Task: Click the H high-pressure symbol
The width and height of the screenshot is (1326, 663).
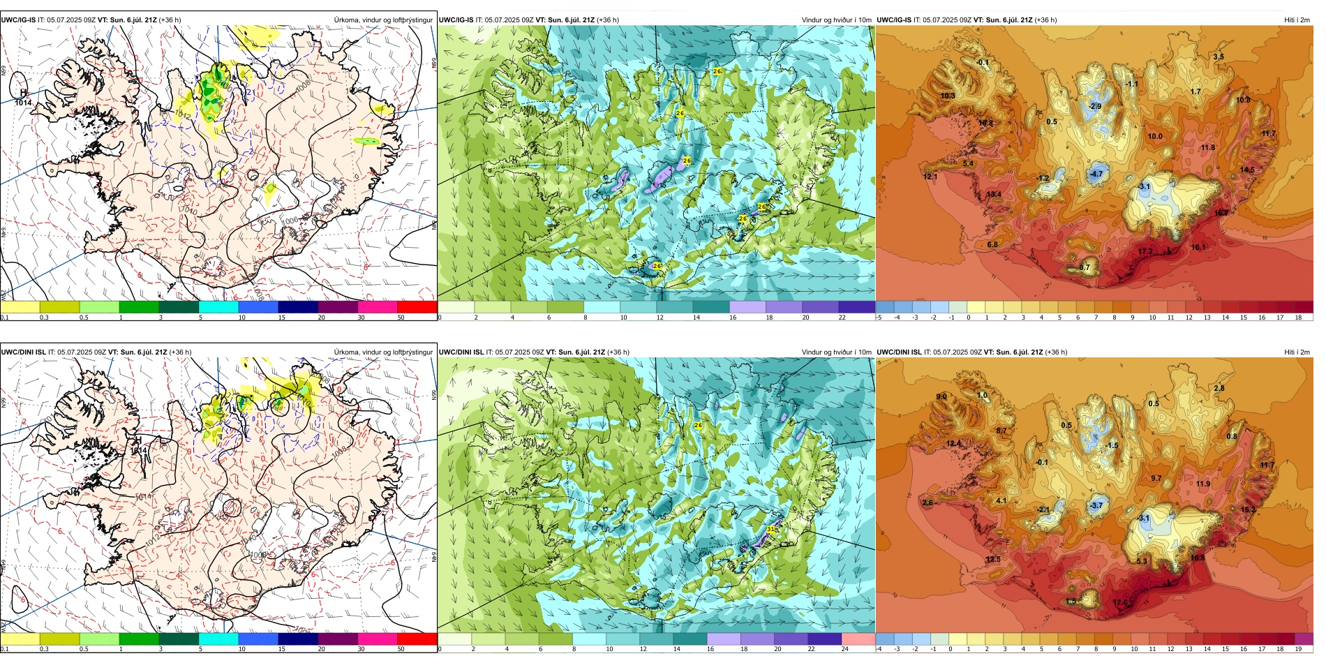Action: (x=23, y=92)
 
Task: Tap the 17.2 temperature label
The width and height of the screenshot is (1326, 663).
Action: (x=1145, y=251)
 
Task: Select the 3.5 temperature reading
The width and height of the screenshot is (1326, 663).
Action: (x=1219, y=57)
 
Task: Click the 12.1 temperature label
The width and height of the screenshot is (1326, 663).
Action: (x=930, y=177)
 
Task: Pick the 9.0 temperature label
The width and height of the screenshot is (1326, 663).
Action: (x=941, y=396)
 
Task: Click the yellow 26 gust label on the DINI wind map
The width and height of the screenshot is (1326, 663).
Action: (x=698, y=425)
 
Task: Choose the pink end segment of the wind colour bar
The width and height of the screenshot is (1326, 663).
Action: (x=858, y=639)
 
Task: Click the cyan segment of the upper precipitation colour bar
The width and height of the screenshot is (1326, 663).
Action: (x=218, y=307)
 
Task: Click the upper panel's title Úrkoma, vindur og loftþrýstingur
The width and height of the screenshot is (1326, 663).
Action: (x=383, y=20)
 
